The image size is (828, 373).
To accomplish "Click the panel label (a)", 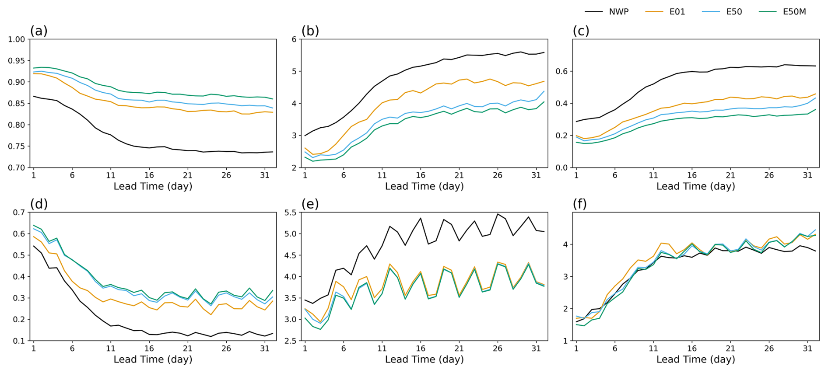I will click(39, 31).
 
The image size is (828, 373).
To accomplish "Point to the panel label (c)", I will click(581, 31).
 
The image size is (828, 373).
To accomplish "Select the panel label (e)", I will click(310, 204).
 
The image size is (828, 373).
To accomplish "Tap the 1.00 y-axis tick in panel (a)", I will click(16, 39).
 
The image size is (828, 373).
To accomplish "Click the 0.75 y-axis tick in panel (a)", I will click(16, 146).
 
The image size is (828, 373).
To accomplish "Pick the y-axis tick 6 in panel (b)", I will click(294, 39).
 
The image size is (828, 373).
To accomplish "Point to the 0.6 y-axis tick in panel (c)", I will click(562, 71).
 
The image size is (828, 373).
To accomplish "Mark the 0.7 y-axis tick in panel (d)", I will click(19, 213).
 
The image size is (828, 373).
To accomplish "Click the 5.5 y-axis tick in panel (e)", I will click(291, 213).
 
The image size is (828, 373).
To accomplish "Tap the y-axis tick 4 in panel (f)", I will click(565, 244).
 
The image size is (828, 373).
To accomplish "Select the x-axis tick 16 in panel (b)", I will click(420, 175).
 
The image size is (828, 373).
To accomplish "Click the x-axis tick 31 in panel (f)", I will click(807, 349).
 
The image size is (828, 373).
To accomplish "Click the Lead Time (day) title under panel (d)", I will click(153, 359).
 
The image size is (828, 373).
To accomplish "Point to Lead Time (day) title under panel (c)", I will click(695, 186).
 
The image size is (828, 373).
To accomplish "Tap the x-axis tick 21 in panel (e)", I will click(459, 349).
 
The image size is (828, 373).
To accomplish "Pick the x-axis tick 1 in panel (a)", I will click(34, 175).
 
